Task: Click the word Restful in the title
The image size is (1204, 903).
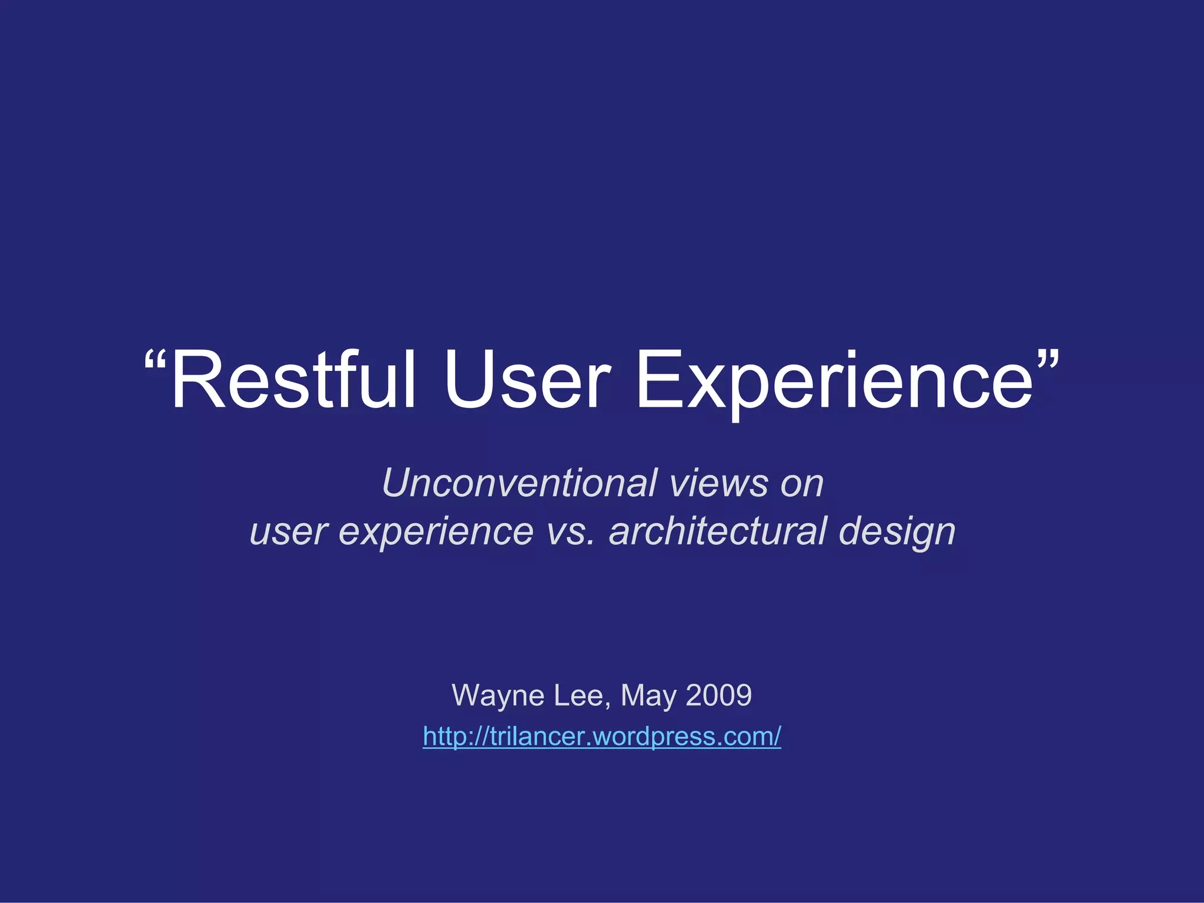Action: (293, 380)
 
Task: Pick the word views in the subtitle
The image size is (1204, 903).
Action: (718, 483)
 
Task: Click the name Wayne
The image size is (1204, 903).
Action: (498, 695)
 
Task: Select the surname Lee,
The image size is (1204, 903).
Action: (583, 695)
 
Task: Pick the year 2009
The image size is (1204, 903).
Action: (718, 695)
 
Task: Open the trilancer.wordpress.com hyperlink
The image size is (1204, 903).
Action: (602, 737)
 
